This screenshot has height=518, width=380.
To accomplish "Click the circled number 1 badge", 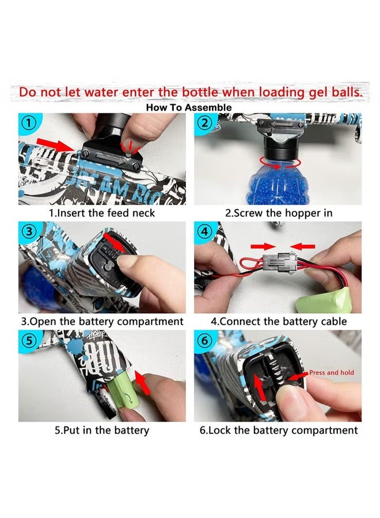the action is click(29, 123).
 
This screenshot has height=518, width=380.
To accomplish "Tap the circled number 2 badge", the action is click(204, 123).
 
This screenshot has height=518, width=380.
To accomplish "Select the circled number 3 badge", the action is click(29, 231).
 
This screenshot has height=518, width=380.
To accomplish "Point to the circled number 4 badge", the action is click(204, 231).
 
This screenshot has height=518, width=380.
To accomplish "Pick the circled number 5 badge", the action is click(29, 340).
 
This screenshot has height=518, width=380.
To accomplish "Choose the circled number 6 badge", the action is click(204, 340).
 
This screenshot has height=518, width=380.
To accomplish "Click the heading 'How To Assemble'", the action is click(189, 108).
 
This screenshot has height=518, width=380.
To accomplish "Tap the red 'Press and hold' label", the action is click(332, 372).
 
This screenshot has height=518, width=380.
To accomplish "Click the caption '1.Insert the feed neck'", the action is click(102, 213).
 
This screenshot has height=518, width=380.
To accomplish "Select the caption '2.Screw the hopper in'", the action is click(279, 213).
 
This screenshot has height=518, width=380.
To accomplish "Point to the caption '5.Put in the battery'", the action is click(102, 430).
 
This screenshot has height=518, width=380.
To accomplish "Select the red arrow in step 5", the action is click(143, 382).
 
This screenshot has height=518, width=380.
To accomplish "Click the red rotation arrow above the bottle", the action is click(280, 162).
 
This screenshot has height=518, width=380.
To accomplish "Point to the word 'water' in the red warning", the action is click(101, 92).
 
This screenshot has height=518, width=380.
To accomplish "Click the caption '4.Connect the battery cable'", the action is click(279, 321).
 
